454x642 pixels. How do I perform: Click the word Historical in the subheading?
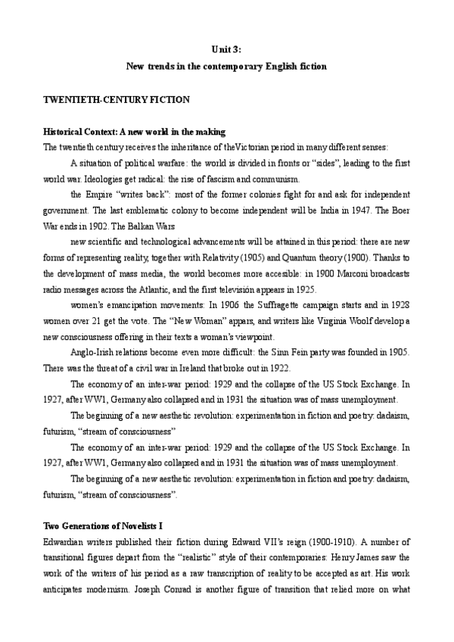click(x=67, y=132)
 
